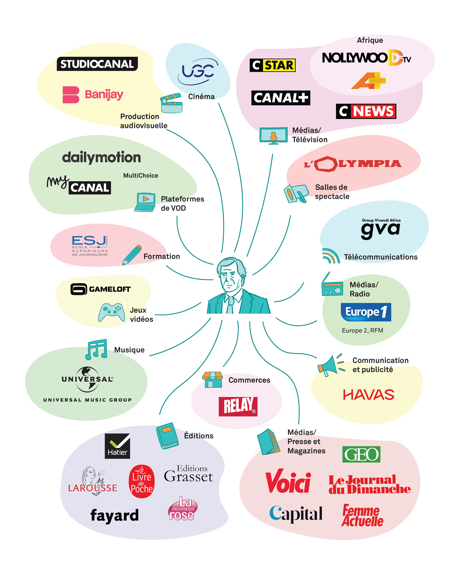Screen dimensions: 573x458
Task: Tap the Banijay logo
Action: pos(93,95)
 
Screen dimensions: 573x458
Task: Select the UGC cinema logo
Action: pos(198,71)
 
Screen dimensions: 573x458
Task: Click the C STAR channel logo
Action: pos(272,65)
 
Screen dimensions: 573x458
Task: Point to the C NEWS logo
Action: pos(366,111)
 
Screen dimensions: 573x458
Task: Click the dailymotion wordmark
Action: pos(101,158)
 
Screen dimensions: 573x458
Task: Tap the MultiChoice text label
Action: pos(140,175)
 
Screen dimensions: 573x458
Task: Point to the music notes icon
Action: pos(96,349)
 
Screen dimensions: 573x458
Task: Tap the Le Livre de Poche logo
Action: pos(142,481)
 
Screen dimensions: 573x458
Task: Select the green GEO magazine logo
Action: pos(361,454)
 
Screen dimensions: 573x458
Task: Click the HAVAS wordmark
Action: pos(368,395)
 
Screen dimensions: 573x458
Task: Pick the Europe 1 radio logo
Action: pos(366,312)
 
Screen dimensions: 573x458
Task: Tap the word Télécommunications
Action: pos(380,257)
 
